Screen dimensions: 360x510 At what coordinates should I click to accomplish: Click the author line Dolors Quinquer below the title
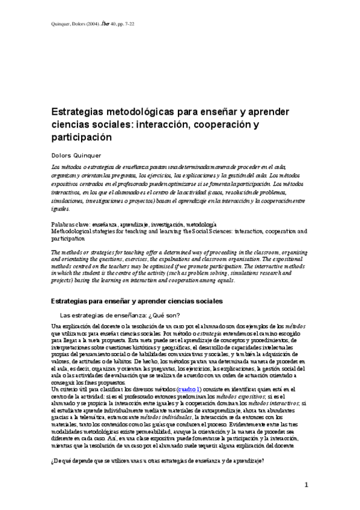76,155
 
